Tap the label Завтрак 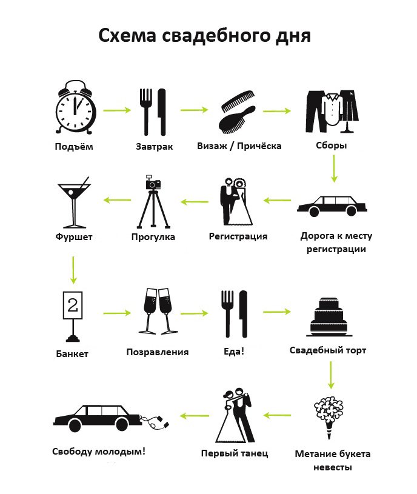pyautogui.click(x=155, y=147)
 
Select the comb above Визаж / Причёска pyautogui.click(x=238, y=101)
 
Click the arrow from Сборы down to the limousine pyautogui.click(x=334, y=169)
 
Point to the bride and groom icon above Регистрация pyautogui.click(x=236, y=202)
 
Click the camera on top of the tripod pyautogui.click(x=153, y=182)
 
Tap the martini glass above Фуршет pyautogui.click(x=74, y=202)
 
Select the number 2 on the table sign pyautogui.click(x=73, y=305)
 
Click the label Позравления pyautogui.click(x=158, y=352)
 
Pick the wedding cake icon pyautogui.click(x=329, y=316)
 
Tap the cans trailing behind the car pyautogui.click(x=155, y=422)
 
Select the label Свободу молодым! pyautogui.click(x=99, y=452)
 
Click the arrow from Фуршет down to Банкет pyautogui.click(x=73, y=270)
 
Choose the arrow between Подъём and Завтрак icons pyautogui.click(x=117, y=110)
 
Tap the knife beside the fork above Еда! pyautogui.click(x=243, y=314)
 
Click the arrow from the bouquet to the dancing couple pyautogui.click(x=277, y=416)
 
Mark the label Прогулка pyautogui.click(x=153, y=237)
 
